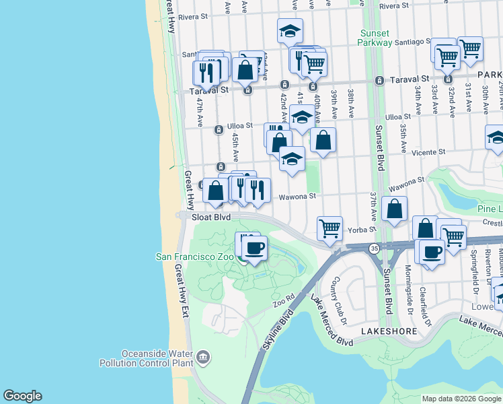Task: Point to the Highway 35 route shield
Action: click(x=374, y=248)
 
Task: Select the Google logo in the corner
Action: click(x=22, y=396)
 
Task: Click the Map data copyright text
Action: click(x=461, y=399)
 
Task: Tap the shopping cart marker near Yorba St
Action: click(x=330, y=228)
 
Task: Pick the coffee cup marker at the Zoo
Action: click(x=254, y=248)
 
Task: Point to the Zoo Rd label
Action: click(x=284, y=301)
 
